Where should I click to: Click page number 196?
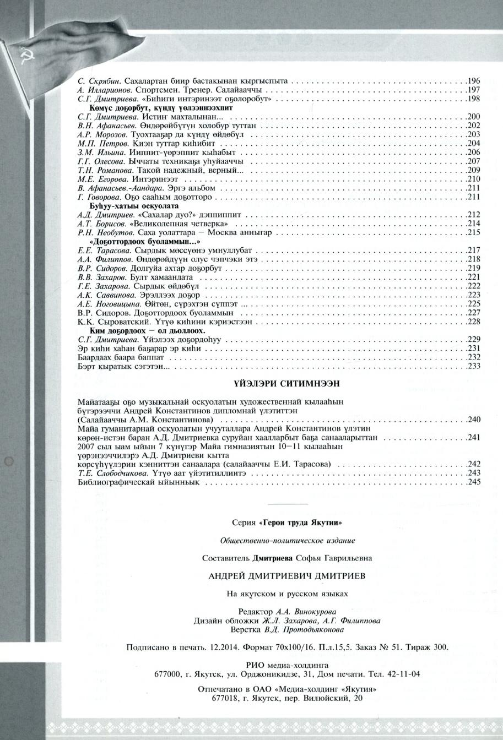tap(474, 81)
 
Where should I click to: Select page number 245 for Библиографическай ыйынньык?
tap(474, 482)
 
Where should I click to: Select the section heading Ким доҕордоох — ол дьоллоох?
tap(148, 331)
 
